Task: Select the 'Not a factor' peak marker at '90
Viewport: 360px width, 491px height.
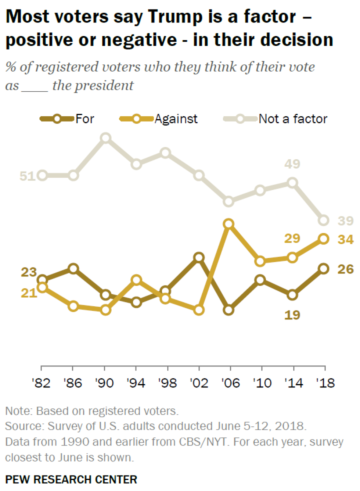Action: [x=105, y=138]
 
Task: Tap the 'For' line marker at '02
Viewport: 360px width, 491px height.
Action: [x=199, y=258]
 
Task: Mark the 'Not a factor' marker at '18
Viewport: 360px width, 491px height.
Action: [x=324, y=220]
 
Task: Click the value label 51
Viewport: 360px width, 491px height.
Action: [x=27, y=176]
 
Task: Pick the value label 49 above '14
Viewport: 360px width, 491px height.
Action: [x=292, y=164]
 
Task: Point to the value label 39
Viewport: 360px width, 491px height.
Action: [x=345, y=221]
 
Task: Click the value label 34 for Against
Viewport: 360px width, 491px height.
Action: [x=345, y=239]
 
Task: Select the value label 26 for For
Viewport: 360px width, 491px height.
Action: [x=345, y=269]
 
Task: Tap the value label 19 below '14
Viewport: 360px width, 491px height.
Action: [x=292, y=315]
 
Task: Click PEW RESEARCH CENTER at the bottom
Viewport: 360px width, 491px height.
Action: [x=71, y=479]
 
